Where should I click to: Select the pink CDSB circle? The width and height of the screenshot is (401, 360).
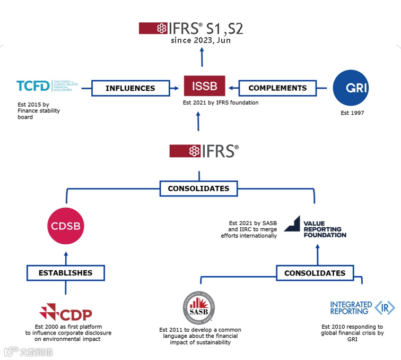pos(66,227)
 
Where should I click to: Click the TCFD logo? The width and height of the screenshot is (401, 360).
pos(48,86)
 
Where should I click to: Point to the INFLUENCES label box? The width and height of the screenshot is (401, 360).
pos(130,88)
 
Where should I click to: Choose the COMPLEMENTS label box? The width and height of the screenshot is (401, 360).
pos(277,88)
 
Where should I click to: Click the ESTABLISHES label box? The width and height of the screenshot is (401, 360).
pos(65,273)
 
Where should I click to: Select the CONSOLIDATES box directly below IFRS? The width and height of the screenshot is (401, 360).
pos(198,188)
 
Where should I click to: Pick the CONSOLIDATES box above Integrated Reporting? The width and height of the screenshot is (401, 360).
pos(315,273)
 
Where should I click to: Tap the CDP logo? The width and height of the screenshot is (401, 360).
pos(66,312)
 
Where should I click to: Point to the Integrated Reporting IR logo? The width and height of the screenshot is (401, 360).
pos(362,308)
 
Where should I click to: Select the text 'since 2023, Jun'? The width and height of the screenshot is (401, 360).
pos(201,40)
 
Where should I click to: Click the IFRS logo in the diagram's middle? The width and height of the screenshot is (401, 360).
pos(204,151)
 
